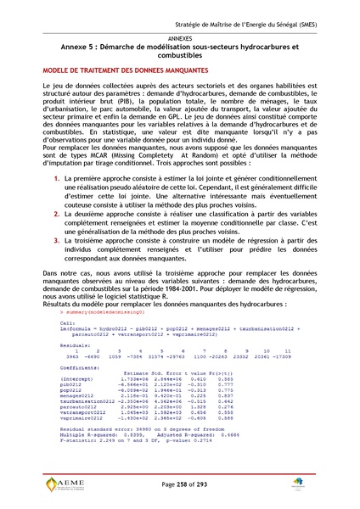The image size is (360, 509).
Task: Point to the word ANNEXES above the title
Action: coord(180,39)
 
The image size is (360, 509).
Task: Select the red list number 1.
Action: coord(56,180)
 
